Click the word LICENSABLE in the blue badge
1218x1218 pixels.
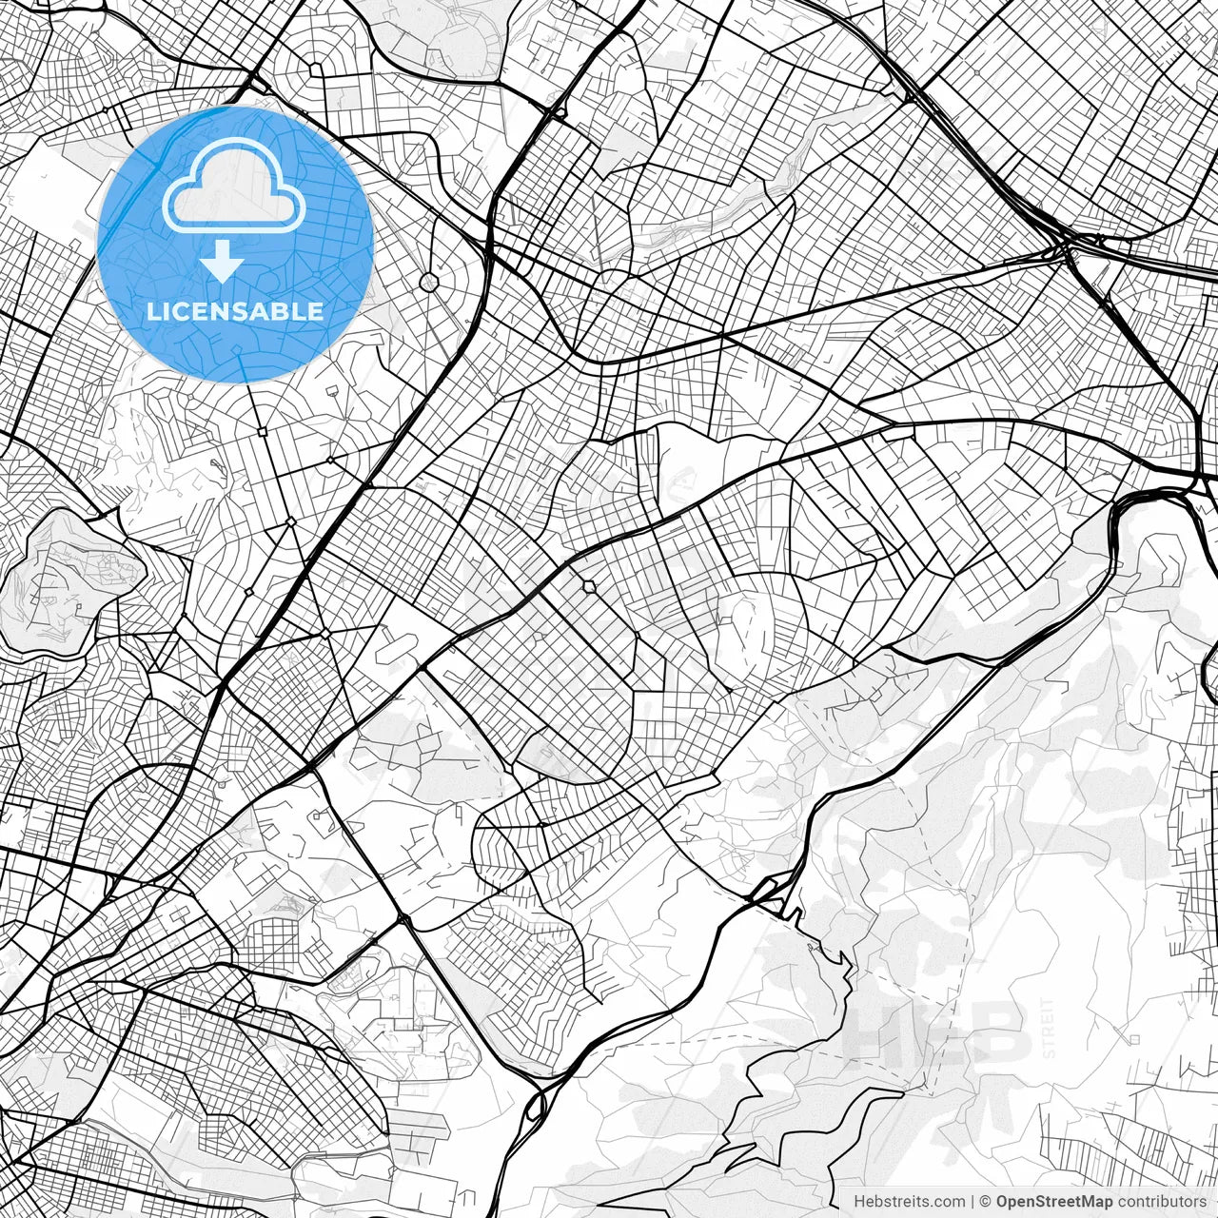[x=235, y=311]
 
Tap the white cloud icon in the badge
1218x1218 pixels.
[x=234, y=187]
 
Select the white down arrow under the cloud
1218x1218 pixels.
[x=223, y=262]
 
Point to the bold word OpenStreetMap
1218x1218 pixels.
[x=1054, y=1201]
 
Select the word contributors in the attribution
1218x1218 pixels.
[x=1162, y=1201]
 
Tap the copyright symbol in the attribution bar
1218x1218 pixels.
[x=986, y=1201]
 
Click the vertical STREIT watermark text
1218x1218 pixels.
[x=1049, y=1028]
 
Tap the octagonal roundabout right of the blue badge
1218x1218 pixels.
[x=429, y=282]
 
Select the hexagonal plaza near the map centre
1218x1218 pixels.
[x=589, y=585]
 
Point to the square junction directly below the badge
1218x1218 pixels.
[x=262, y=432]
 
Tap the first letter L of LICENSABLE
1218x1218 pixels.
[x=153, y=311]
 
